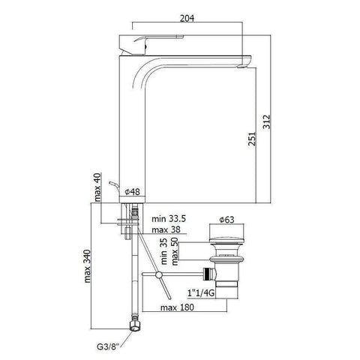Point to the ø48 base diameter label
[132, 193]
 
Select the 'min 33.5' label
[169, 218]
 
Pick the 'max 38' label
[166, 229]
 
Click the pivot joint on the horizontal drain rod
[160, 276]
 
